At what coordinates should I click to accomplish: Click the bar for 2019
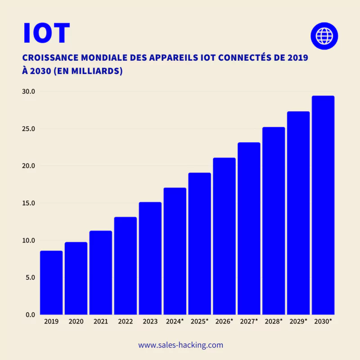51,283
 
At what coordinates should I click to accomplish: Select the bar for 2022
125,265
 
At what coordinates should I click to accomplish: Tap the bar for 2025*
199,243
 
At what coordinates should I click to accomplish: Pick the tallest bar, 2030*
323,205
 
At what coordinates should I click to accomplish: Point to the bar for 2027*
249,228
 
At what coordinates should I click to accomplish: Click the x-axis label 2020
76,322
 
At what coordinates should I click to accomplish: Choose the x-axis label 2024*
175,322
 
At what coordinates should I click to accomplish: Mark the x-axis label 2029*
298,322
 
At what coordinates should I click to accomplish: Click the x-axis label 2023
150,322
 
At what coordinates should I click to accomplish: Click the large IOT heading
46,32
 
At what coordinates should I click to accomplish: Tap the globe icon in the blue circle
324,35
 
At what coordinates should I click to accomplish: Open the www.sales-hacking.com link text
180,345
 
